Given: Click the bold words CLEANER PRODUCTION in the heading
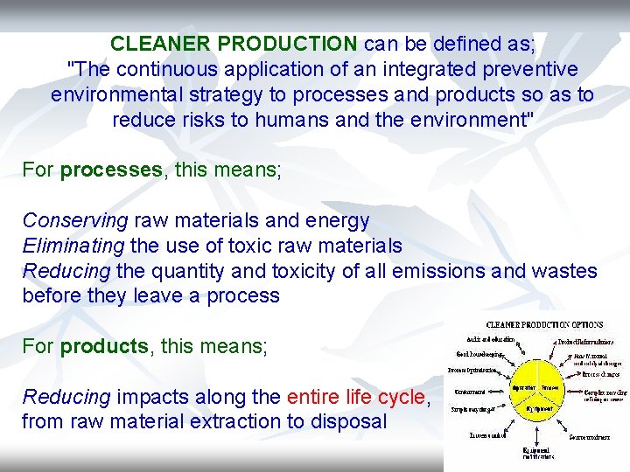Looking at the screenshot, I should [x=234, y=44].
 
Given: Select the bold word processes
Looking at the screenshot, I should [x=111, y=170].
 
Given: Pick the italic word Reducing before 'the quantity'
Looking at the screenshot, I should [x=66, y=271].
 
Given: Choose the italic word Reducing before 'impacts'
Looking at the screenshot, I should [x=66, y=398].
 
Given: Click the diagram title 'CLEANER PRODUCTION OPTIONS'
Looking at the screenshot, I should [x=544, y=325].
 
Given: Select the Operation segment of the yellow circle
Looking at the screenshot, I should [x=523, y=386].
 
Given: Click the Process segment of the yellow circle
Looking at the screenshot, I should [x=549, y=386].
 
